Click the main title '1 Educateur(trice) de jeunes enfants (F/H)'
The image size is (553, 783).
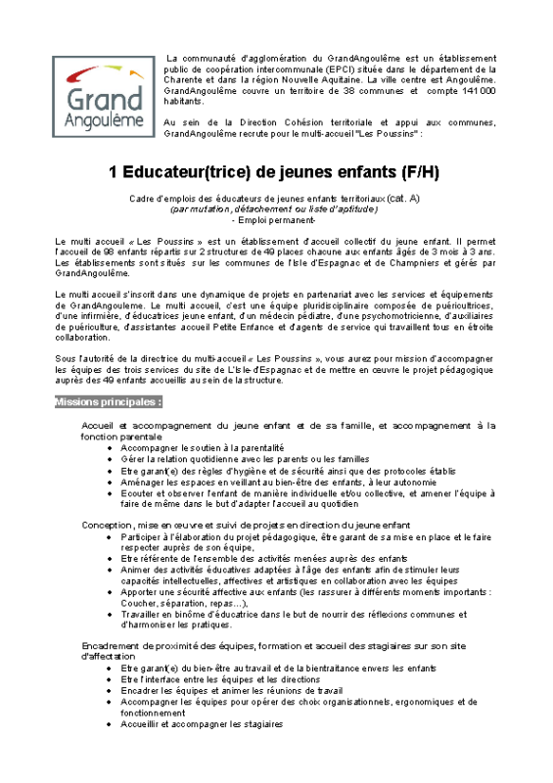point(275,172)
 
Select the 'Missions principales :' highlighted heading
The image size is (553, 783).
point(109,402)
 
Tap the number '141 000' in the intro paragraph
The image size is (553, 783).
point(475,90)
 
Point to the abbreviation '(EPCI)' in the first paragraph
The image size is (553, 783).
point(338,69)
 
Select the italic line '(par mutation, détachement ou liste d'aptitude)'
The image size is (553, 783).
point(274,208)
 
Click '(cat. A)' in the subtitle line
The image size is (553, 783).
point(401,198)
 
